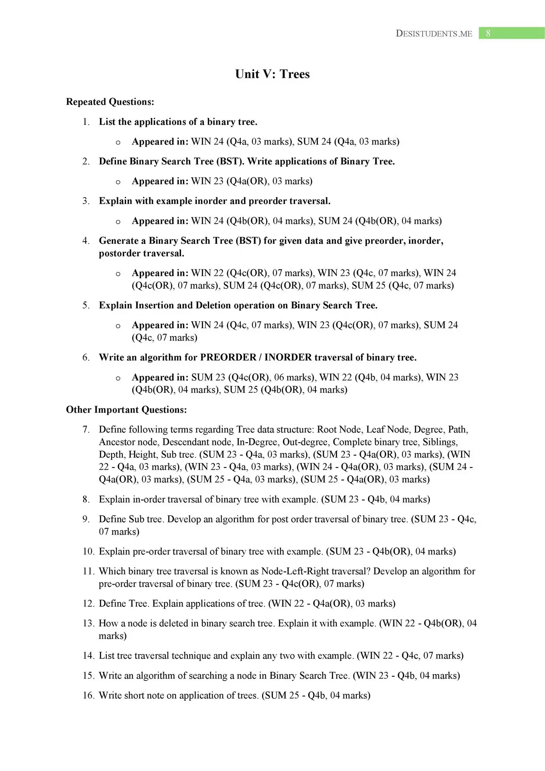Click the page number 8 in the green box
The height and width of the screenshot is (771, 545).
(x=488, y=33)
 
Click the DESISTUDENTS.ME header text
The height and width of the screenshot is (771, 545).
(x=434, y=34)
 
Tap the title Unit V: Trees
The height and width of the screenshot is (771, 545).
(x=272, y=74)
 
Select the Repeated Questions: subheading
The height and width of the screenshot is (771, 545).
(x=110, y=102)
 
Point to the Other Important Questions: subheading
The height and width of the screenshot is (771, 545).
(x=126, y=410)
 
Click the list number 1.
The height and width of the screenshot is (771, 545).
(x=86, y=122)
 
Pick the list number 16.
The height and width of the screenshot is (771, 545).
(x=88, y=695)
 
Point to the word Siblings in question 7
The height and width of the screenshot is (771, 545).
(x=439, y=442)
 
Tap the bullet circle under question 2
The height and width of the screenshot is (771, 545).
(x=118, y=182)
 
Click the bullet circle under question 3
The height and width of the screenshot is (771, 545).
(x=118, y=222)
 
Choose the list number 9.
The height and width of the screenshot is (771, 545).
(x=86, y=519)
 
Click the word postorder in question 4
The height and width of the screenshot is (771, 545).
(x=119, y=253)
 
